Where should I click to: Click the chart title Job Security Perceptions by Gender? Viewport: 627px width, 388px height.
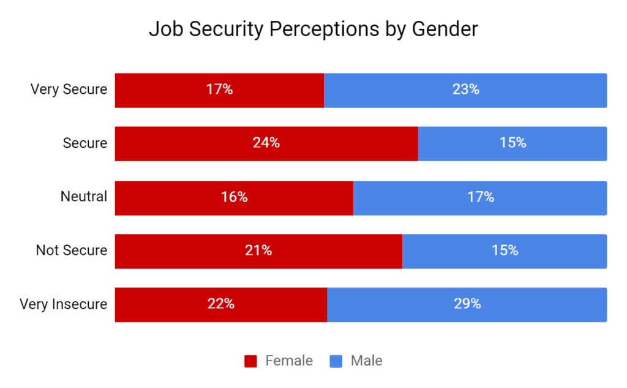313,29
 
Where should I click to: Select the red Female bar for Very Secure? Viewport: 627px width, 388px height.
219,90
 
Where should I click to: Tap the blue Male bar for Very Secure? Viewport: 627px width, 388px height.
465,90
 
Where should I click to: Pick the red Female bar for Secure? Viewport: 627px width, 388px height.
266,143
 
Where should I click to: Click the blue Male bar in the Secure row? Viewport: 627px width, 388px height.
512,143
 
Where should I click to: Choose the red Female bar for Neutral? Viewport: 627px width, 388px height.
234,197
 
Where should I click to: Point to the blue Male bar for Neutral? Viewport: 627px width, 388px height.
480,197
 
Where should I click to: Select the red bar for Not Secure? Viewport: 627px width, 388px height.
258,251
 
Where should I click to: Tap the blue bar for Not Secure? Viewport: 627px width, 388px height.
505,251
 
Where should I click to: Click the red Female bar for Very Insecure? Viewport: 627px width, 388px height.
220,305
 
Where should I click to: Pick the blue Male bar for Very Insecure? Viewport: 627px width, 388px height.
467,305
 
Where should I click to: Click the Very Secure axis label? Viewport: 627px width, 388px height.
69,89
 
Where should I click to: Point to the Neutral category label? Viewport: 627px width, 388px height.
84,197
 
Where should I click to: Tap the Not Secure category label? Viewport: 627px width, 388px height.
72,250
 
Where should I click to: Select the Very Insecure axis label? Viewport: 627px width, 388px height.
64,304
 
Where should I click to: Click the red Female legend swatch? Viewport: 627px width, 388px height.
250,361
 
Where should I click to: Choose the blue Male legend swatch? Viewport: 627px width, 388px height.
336,361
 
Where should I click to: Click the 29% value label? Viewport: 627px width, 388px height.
467,305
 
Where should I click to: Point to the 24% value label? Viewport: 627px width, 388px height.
266,143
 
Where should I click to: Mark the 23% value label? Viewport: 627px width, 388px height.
465,90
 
